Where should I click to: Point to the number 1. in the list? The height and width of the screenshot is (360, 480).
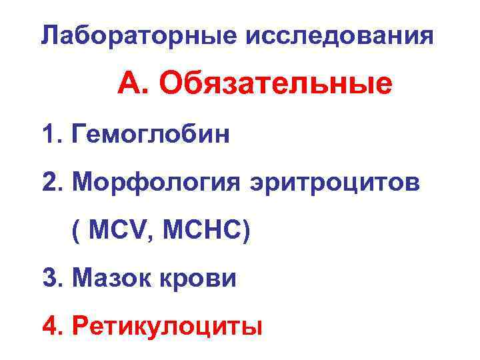click(51, 135)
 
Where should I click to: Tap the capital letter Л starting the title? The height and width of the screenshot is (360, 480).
click(48, 35)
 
